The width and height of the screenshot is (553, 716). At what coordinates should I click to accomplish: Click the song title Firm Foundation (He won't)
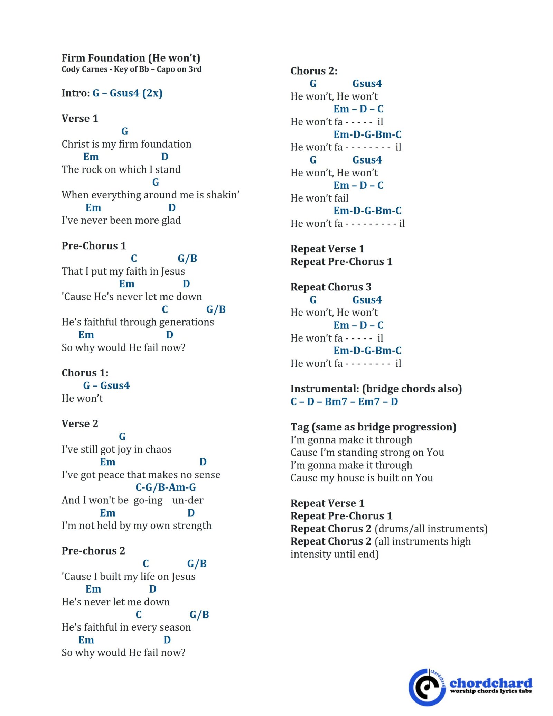pyautogui.click(x=131, y=58)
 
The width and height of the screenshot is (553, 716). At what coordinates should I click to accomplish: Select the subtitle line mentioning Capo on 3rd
pyautogui.click(x=131, y=69)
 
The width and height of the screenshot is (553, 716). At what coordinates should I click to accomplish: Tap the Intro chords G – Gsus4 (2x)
pyautogui.click(x=127, y=93)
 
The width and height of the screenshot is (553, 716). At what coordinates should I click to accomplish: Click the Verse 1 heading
pyautogui.click(x=80, y=119)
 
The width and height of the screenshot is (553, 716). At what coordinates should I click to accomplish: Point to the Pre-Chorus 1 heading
pyautogui.click(x=94, y=246)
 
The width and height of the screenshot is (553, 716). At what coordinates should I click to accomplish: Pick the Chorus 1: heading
pyautogui.click(x=85, y=373)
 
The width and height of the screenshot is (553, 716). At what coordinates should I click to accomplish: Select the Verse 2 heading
pyautogui.click(x=80, y=424)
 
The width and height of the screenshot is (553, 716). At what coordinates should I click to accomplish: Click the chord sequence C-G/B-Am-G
pyautogui.click(x=166, y=487)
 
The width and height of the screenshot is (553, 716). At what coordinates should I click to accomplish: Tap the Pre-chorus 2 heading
pyautogui.click(x=93, y=551)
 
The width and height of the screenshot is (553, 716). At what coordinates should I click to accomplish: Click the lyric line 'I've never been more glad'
pyautogui.click(x=121, y=221)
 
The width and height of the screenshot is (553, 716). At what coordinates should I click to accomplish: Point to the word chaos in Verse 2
pyautogui.click(x=158, y=449)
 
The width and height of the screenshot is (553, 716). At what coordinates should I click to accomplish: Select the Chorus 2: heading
pyautogui.click(x=314, y=71)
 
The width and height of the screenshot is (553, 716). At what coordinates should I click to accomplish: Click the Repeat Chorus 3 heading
pyautogui.click(x=331, y=287)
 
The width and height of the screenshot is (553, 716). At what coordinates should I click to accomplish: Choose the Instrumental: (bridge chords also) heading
pyautogui.click(x=376, y=389)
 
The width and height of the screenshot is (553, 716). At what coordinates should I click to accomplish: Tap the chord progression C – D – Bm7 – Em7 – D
pyautogui.click(x=344, y=402)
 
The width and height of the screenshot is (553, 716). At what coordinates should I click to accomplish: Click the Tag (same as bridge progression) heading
pyautogui.click(x=373, y=427)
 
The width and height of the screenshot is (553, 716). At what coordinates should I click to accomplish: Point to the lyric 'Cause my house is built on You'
pyautogui.click(x=362, y=478)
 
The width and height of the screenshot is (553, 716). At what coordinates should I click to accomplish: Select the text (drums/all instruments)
pyautogui.click(x=431, y=529)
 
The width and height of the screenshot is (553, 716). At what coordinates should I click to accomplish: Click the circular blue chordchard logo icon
pyautogui.click(x=427, y=687)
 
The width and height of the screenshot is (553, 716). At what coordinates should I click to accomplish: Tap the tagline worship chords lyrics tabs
pyautogui.click(x=491, y=691)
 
